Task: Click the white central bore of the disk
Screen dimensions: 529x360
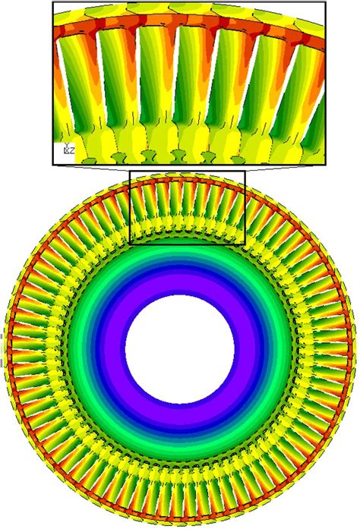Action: pyautogui.click(x=179, y=349)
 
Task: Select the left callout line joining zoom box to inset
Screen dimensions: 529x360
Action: pyautogui.click(x=91, y=168)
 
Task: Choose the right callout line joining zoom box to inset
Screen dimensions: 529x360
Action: pyautogui.click(x=286, y=168)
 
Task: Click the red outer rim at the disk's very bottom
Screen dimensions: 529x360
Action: pyautogui.click(x=179, y=518)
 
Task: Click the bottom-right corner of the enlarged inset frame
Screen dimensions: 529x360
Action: pyautogui.click(x=325, y=165)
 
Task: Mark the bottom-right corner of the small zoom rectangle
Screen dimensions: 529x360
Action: pyautogui.click(x=245, y=244)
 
